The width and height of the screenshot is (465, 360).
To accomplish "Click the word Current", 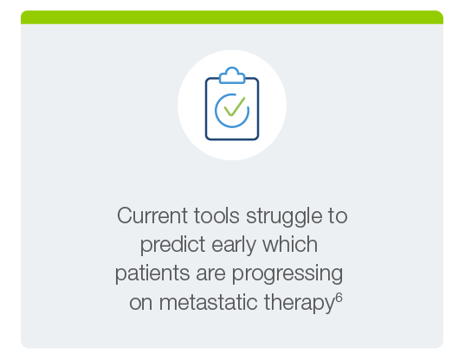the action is pos(152,215).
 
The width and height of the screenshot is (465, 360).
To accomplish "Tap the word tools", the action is pos(216,215).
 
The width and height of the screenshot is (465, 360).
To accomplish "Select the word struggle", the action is pos(284,217).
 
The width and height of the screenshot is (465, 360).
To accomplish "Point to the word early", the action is pos(234,247).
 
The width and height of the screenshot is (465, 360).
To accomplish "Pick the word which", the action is pos(290,244).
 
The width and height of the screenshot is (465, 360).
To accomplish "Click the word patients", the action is pos(152,274).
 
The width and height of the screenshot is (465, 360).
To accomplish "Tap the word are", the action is pos(210,275).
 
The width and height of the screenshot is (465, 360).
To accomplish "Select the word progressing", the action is pos(287,274).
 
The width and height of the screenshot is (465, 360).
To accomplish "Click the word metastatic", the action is pos(208,303).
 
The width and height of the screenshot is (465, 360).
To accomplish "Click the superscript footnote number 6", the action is pos(339,298).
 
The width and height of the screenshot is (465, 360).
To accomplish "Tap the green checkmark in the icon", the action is pos(235,106).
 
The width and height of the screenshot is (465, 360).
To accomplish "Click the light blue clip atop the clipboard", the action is pos(232,75).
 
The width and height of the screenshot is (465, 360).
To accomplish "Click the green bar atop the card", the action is pos(232,17).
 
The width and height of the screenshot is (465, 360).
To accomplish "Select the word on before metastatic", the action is pos(141,304).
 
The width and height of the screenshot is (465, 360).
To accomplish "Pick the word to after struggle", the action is pos(338,216).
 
